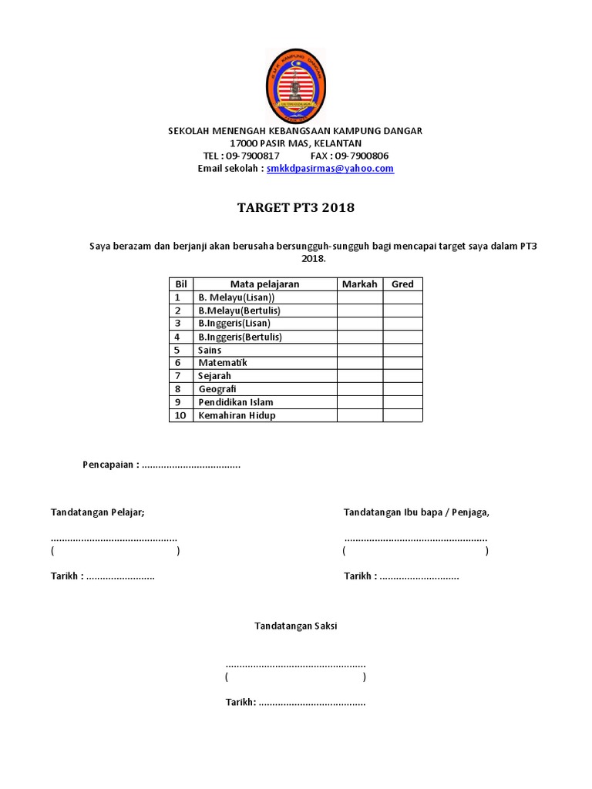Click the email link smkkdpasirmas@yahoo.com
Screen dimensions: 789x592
pyautogui.click(x=330, y=169)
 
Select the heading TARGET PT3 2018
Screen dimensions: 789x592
pyautogui.click(x=295, y=208)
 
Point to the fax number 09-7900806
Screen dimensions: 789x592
pyautogui.click(x=361, y=156)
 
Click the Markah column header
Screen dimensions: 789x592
pyautogui.click(x=359, y=284)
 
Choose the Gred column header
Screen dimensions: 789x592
pyautogui.click(x=402, y=284)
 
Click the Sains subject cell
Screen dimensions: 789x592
pyautogui.click(x=210, y=350)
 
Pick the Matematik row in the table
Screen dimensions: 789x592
pyautogui.click(x=223, y=363)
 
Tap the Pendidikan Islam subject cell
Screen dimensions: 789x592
pyautogui.click(x=235, y=402)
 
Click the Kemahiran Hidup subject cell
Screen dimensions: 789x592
pyautogui.click(x=236, y=415)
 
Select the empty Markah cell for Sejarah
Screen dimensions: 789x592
pyautogui.click(x=359, y=376)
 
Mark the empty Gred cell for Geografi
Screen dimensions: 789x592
pyautogui.click(x=402, y=389)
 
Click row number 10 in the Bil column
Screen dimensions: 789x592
pyautogui.click(x=181, y=415)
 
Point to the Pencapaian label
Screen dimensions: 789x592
pyautogui.click(x=111, y=465)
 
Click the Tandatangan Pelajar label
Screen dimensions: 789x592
pyautogui.click(x=97, y=512)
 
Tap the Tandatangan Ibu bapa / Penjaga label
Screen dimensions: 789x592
pyautogui.click(x=416, y=512)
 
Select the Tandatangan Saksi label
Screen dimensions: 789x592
pyautogui.click(x=296, y=626)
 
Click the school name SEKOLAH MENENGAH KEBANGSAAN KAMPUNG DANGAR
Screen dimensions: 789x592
pyautogui.click(x=295, y=131)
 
